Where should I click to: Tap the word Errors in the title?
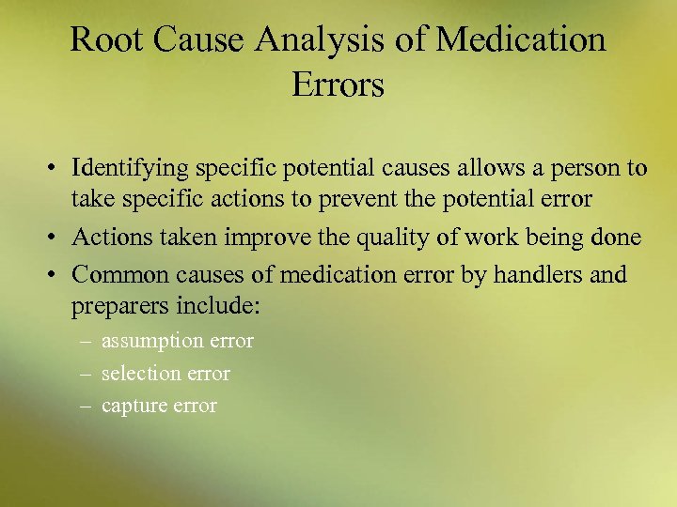pos(338,85)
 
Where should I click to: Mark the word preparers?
pos(114,307)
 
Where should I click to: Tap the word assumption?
pos(150,342)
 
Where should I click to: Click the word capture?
pos(132,407)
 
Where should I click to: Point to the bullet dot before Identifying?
pos(57,169)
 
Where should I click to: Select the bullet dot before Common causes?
pos(57,275)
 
